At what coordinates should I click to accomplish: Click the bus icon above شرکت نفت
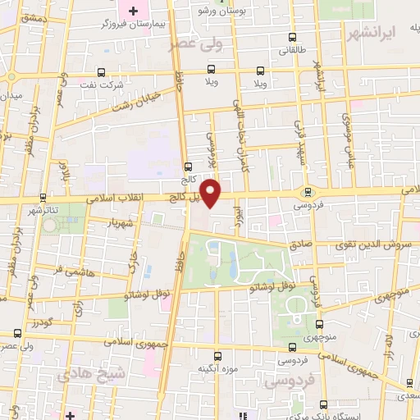tap(102, 71)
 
